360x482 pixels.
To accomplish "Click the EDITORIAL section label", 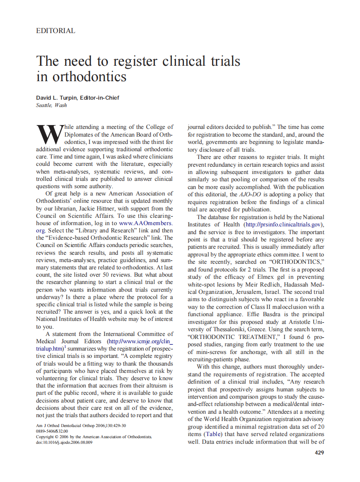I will tap(56, 31).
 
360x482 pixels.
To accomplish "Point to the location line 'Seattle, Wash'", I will tap(52, 105).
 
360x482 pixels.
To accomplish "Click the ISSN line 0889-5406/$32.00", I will tap(52, 431).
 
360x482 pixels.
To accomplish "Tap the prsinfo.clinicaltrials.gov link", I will tap(283, 225).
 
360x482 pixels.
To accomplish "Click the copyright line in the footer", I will tap(94, 436).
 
